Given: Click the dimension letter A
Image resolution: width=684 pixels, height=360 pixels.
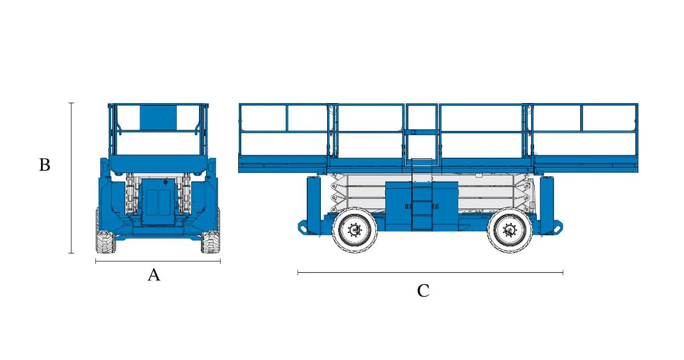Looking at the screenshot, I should pyautogui.click(x=154, y=275).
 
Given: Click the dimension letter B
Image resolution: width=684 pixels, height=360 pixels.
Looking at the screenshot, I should pyautogui.click(x=44, y=165).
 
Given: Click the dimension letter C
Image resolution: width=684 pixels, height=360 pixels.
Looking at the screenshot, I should pyautogui.click(x=423, y=291).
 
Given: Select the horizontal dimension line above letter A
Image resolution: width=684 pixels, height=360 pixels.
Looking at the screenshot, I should pyautogui.click(x=157, y=261).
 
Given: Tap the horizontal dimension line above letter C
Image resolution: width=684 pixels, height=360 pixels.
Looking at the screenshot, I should pyautogui.click(x=430, y=273).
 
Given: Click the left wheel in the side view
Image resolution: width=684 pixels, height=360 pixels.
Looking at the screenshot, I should pyautogui.click(x=355, y=231).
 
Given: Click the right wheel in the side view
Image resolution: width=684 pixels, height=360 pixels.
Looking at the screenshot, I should pyautogui.click(x=509, y=231).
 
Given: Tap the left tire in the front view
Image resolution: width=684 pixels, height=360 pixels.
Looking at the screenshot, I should pyautogui.click(x=105, y=242).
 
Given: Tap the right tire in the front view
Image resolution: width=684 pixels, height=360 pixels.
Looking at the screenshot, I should pyautogui.click(x=210, y=242).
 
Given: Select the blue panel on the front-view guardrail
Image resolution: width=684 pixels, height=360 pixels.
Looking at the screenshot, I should pyautogui.click(x=155, y=117).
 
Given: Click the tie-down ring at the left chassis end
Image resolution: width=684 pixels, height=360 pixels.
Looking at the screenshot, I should pyautogui.click(x=302, y=227).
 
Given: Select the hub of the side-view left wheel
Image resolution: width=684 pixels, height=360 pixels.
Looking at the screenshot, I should pyautogui.click(x=355, y=231).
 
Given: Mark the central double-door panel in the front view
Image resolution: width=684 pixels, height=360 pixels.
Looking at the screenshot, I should pyautogui.click(x=158, y=202).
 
